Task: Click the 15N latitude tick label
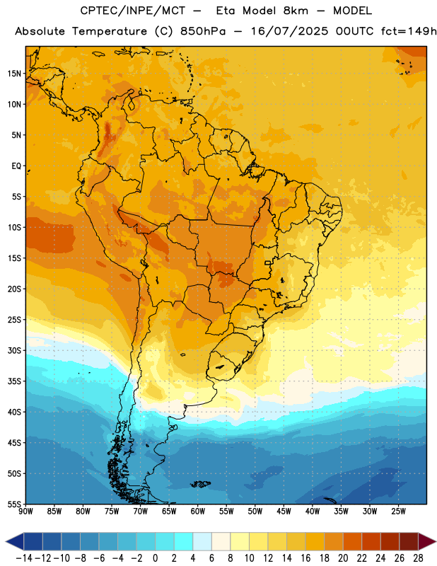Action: click(x=14, y=74)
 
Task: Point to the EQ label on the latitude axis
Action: click(x=16, y=166)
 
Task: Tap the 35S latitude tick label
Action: click(x=14, y=381)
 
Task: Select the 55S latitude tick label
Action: click(x=14, y=504)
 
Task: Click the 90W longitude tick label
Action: click(x=25, y=512)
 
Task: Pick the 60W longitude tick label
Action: click(x=198, y=512)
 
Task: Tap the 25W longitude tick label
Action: click(x=398, y=512)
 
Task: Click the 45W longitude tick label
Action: click(x=284, y=512)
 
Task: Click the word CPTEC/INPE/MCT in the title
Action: click(x=133, y=11)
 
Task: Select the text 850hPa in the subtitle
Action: click(x=203, y=31)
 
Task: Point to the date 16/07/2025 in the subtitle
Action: click(x=289, y=31)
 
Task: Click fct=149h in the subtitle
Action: click(x=409, y=31)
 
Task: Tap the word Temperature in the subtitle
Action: click(x=110, y=32)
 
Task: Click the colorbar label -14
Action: click(x=24, y=558)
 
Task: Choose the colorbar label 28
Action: click(x=418, y=558)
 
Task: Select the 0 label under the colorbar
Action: click(x=156, y=558)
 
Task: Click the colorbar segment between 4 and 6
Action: click(x=202, y=542)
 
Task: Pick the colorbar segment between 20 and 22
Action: click(x=353, y=542)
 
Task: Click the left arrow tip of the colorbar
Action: click(x=6, y=542)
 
